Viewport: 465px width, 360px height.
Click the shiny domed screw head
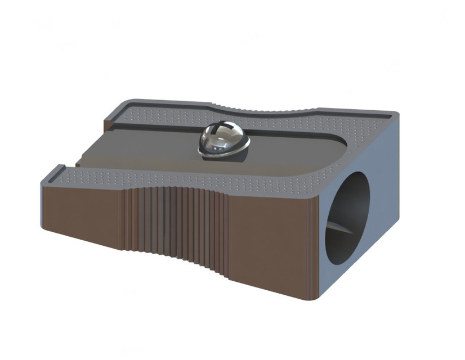pyautogui.click(x=223, y=138)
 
